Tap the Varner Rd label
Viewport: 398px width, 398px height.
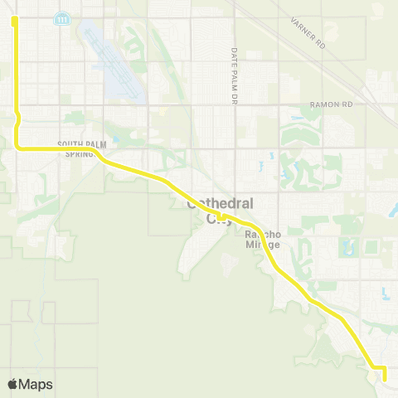309,31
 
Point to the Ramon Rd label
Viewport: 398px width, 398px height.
331,105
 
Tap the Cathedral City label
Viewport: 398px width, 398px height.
220,211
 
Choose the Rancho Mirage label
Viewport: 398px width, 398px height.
264,239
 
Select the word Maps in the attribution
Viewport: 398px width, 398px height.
36,384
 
